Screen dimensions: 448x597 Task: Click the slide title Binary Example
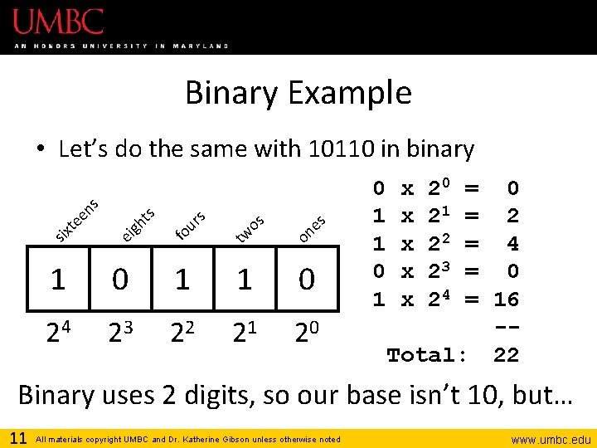pyautogui.click(x=298, y=92)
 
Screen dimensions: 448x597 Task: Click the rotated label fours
pyautogui.click(x=191, y=226)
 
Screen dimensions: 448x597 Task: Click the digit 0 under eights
pyautogui.click(x=120, y=280)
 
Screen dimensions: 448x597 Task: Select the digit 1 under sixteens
pyautogui.click(x=57, y=280)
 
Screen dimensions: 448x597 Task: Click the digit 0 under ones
pyautogui.click(x=307, y=280)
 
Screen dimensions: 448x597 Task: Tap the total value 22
pyautogui.click(x=506, y=356)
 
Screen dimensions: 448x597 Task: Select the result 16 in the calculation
pyautogui.click(x=506, y=299)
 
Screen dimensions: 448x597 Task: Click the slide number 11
pyautogui.click(x=18, y=437)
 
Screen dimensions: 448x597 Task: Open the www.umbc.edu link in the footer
pyautogui.click(x=549, y=439)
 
